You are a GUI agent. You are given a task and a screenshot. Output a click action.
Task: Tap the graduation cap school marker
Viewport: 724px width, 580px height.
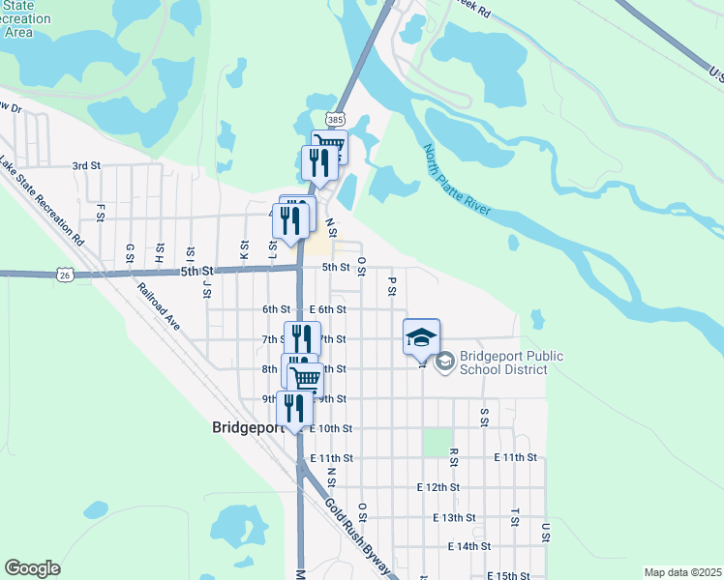click(x=421, y=337)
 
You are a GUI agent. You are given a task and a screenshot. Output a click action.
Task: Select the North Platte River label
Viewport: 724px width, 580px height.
click(x=457, y=180)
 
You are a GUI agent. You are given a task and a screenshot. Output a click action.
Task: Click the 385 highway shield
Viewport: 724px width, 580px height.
click(x=334, y=118)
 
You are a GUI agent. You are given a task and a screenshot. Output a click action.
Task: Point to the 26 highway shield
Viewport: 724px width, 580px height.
click(x=64, y=275)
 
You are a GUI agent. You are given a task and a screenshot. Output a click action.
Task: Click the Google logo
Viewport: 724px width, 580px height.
click(x=32, y=568)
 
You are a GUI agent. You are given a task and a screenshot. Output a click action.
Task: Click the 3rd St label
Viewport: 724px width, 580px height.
click(x=86, y=166)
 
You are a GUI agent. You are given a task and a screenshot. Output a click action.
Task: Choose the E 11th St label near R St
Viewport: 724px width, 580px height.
click(x=515, y=457)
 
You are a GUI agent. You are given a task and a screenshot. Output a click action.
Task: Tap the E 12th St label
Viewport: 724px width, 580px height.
click(x=437, y=487)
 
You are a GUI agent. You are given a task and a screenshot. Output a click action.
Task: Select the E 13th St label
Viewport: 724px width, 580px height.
click(x=455, y=517)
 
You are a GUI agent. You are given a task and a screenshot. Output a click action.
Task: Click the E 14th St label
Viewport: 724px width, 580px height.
click(x=470, y=547)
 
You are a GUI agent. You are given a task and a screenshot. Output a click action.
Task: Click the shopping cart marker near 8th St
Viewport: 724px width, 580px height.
click(x=306, y=378)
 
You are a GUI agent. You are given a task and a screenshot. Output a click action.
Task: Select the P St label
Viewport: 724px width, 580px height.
click(x=392, y=286)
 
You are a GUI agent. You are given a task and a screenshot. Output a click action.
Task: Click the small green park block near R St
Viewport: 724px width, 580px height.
click(x=437, y=443)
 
